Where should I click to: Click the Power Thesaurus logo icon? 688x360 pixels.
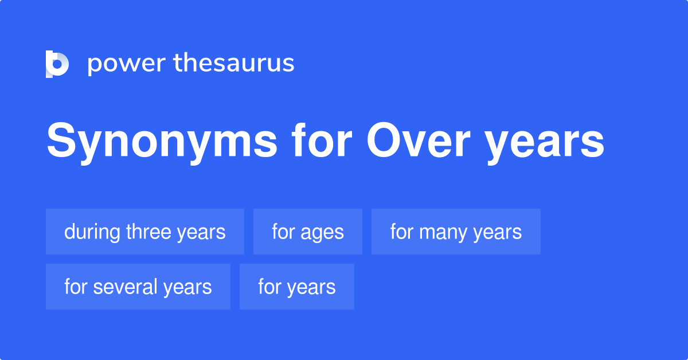(x=57, y=64)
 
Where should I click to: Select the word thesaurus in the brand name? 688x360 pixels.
(x=234, y=63)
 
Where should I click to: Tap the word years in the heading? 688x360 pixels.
(x=545, y=143)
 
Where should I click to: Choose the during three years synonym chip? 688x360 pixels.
(x=145, y=232)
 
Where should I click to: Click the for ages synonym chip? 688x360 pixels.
(x=308, y=232)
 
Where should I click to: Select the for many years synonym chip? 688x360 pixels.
(x=456, y=232)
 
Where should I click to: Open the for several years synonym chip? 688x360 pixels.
(x=138, y=287)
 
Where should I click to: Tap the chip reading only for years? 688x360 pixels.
(x=297, y=287)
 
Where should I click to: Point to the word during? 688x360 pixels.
(x=92, y=232)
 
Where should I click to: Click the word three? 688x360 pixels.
(x=148, y=232)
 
